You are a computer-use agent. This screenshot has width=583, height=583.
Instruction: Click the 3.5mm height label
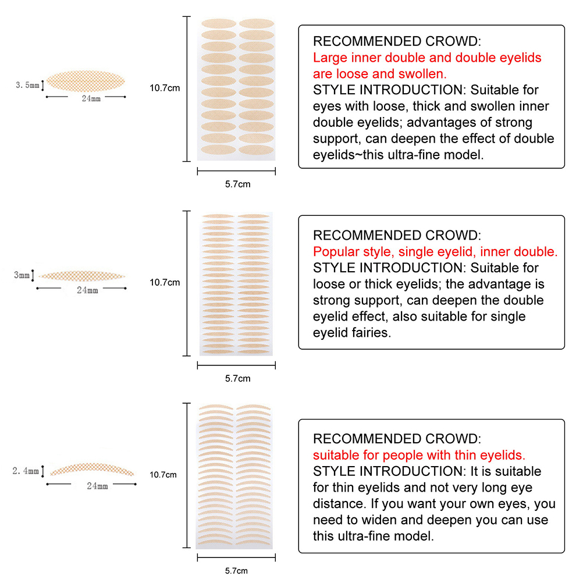pyautogui.click(x=27, y=85)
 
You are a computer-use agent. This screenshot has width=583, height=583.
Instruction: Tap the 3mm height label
pyautogui.click(x=22, y=275)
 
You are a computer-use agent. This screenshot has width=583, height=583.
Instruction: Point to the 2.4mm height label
pyautogui.click(x=26, y=471)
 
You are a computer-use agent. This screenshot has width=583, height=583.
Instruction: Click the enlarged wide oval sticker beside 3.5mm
pyautogui.click(x=86, y=81)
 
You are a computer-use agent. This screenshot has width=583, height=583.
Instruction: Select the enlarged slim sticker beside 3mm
pyautogui.click(x=82, y=276)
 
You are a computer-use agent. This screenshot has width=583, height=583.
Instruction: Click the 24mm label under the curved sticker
pyautogui.click(x=97, y=486)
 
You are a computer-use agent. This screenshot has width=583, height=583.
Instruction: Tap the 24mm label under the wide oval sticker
pyautogui.click(x=91, y=98)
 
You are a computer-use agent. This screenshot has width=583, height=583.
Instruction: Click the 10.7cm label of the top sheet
pyautogui.click(x=165, y=88)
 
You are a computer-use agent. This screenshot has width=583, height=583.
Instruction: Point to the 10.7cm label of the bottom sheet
pyautogui.click(x=163, y=475)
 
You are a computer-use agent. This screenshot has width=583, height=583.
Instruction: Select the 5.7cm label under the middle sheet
pyautogui.click(x=237, y=379)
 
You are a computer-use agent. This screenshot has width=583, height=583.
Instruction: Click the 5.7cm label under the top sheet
pyautogui.click(x=237, y=184)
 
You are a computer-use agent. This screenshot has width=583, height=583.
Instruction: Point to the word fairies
pyautogui.click(x=371, y=333)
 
